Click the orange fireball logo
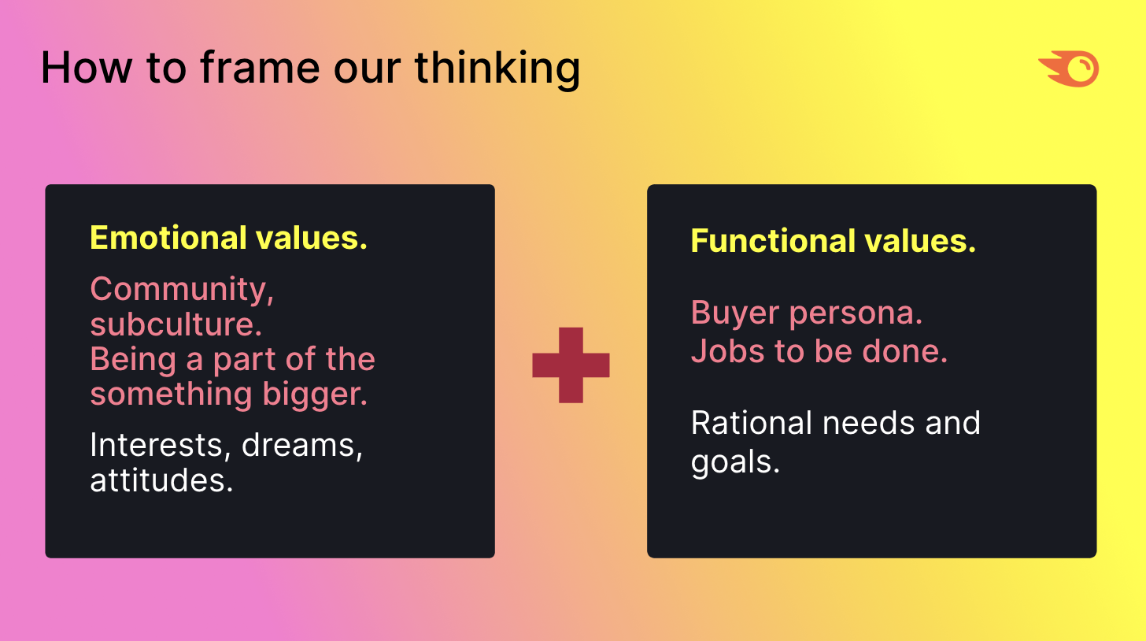[1069, 69]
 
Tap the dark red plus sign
[571, 365]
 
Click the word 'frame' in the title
[260, 68]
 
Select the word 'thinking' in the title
[497, 69]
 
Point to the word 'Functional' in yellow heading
[773, 241]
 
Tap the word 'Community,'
[182, 290]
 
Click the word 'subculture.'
[176, 324]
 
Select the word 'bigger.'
[315, 395]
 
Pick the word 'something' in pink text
[172, 395]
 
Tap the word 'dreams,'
[302, 446]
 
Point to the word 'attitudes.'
[161, 480]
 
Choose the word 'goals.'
[735, 463]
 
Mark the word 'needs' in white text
[869, 424]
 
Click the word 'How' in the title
[87, 68]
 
